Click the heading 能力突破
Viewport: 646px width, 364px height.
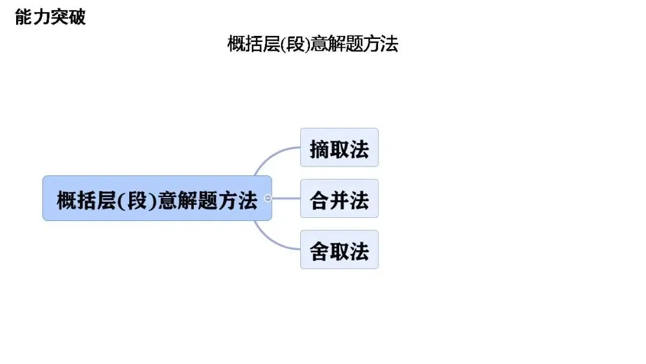[x=50, y=17]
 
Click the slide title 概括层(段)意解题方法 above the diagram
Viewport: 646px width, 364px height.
[x=313, y=44]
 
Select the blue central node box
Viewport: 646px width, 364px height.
[x=157, y=198]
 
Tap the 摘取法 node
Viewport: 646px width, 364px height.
[x=339, y=147]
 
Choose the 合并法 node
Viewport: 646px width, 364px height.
[x=339, y=199]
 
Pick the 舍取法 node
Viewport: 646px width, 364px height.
[x=339, y=250]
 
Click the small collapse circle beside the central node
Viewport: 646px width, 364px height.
[x=268, y=198]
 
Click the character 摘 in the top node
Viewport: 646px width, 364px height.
[x=319, y=148]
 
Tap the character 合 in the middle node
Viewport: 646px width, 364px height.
[x=319, y=199]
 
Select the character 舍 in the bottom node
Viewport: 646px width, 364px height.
[x=319, y=250]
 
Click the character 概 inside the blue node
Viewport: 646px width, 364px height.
[x=67, y=199]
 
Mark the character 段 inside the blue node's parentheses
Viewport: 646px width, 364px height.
[x=137, y=199]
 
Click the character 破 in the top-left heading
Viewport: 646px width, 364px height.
[x=77, y=17]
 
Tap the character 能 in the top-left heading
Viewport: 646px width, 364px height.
[x=24, y=17]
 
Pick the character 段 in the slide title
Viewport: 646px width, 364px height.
[x=295, y=44]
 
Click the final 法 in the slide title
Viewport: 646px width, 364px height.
[x=389, y=44]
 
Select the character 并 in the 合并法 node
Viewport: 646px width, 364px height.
[x=339, y=199]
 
